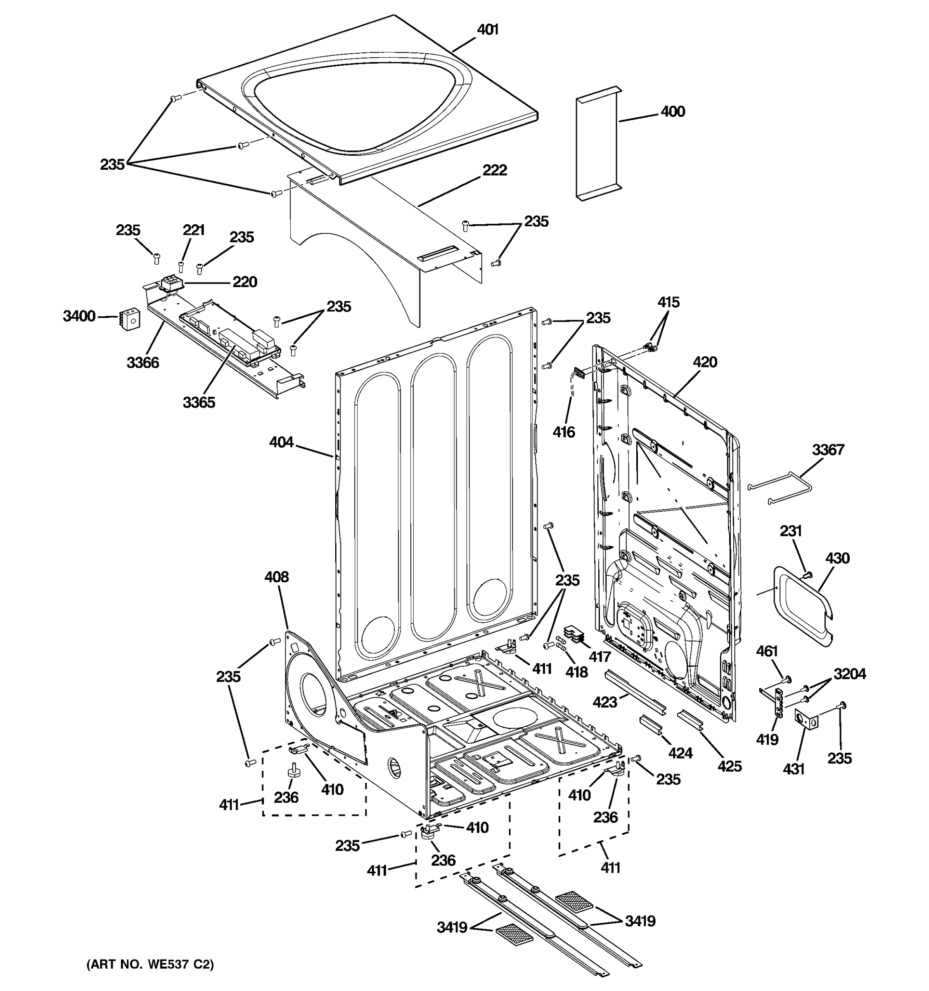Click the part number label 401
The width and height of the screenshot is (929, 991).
(488, 30)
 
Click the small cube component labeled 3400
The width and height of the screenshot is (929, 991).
(130, 317)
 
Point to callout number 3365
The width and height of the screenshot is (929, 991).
(199, 402)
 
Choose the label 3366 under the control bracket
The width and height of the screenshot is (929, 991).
(142, 363)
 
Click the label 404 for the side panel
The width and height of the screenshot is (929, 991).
(281, 442)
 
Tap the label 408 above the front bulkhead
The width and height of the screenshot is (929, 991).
(276, 577)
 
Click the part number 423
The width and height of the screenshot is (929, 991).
(604, 702)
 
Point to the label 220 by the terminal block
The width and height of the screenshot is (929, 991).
(245, 282)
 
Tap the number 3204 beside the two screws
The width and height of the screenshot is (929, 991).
(850, 674)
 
